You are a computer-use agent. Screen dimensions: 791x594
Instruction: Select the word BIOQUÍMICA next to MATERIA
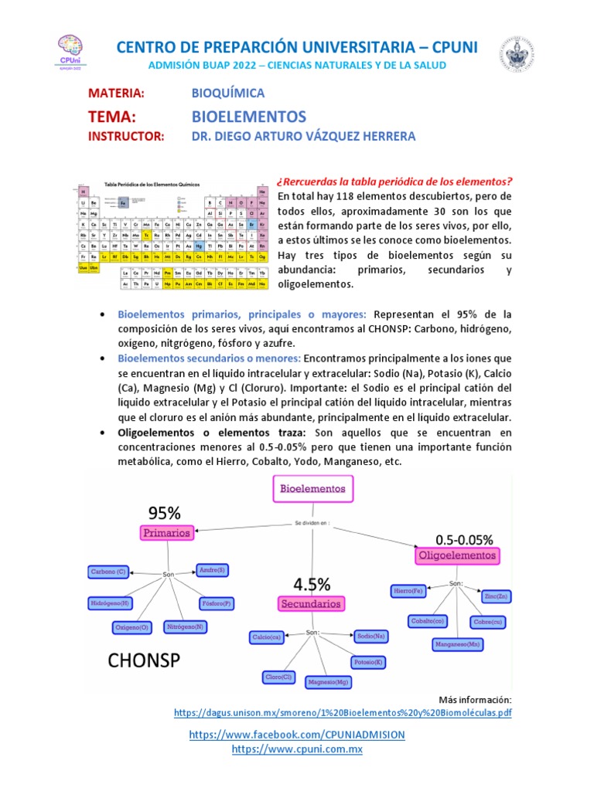click(x=228, y=93)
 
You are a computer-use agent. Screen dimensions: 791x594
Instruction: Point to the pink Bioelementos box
click(x=313, y=488)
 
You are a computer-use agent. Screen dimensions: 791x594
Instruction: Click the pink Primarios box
click(x=166, y=532)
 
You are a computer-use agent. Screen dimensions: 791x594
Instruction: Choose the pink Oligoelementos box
click(x=456, y=555)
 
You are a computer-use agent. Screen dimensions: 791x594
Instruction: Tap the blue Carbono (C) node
click(x=108, y=572)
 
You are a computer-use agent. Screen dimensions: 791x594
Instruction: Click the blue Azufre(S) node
click(x=212, y=570)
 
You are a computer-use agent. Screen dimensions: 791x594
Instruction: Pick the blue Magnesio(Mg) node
click(x=329, y=682)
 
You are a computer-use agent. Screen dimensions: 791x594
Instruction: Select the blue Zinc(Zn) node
click(x=495, y=596)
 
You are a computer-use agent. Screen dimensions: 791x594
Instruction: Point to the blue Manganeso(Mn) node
click(x=458, y=643)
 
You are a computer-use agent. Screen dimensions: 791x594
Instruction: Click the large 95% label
click(x=164, y=512)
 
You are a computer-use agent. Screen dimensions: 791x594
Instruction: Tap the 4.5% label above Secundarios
click(x=311, y=583)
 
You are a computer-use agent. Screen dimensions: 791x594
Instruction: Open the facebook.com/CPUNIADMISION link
click(x=297, y=734)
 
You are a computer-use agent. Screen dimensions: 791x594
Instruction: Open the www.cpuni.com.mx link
click(x=297, y=749)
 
